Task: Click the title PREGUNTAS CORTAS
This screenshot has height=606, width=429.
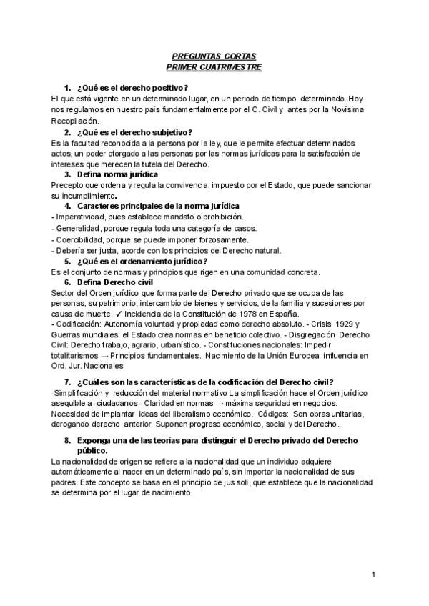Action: [x=214, y=56]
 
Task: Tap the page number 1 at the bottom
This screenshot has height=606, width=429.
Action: [x=373, y=574]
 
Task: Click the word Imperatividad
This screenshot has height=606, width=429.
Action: [x=80, y=216]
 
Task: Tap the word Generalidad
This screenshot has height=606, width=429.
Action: [x=79, y=228]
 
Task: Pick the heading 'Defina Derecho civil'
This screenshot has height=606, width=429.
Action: [x=114, y=282]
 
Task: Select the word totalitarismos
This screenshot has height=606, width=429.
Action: [x=76, y=355]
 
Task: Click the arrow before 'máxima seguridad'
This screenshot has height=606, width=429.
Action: [x=217, y=402]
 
